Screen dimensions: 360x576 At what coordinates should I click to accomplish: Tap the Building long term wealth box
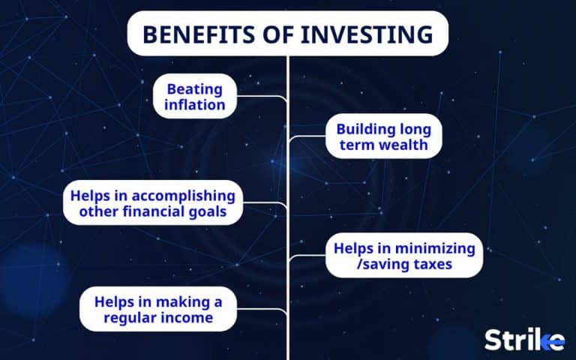383,136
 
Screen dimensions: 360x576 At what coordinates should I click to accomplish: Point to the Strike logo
523,339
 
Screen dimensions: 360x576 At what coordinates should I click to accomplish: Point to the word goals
207,212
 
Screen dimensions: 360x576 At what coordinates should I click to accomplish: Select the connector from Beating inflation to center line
262,97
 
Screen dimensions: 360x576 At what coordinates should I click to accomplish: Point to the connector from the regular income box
262,309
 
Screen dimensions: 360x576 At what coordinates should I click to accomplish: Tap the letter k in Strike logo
543,339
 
